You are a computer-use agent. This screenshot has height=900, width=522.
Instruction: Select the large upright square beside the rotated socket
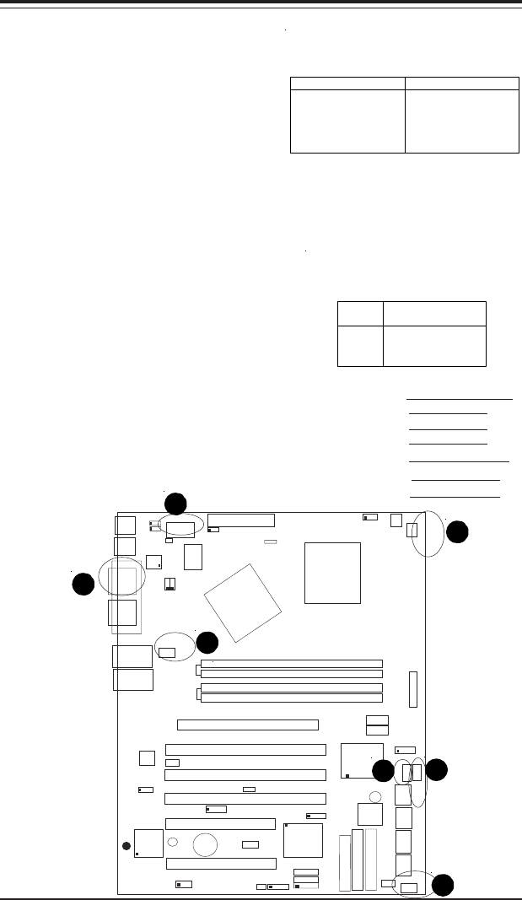332,573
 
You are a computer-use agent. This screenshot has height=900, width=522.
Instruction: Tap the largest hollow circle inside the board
206,845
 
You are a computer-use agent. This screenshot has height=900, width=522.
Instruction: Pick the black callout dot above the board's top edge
175,504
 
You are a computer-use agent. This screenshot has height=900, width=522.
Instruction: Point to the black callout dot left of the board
83,583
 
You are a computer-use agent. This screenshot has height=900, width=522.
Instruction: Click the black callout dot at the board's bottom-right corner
443,884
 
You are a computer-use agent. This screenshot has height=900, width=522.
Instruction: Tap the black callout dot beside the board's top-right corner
457,531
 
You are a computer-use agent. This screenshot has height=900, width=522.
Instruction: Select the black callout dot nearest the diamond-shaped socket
207,643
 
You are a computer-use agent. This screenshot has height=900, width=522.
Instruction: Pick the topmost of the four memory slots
291,664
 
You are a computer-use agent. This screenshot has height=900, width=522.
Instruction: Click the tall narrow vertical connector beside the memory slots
413,690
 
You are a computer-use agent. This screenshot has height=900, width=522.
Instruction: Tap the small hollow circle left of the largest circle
173,842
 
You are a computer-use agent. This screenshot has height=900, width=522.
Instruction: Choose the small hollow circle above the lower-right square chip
375,796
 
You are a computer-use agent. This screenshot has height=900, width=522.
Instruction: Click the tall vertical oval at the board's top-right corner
430,534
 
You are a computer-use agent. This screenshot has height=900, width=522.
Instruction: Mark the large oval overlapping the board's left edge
122,577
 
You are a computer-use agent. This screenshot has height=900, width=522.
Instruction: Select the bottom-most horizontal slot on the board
221,863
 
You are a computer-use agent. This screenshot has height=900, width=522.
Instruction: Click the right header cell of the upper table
462,84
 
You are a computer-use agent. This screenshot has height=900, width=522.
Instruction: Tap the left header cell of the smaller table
360,313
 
